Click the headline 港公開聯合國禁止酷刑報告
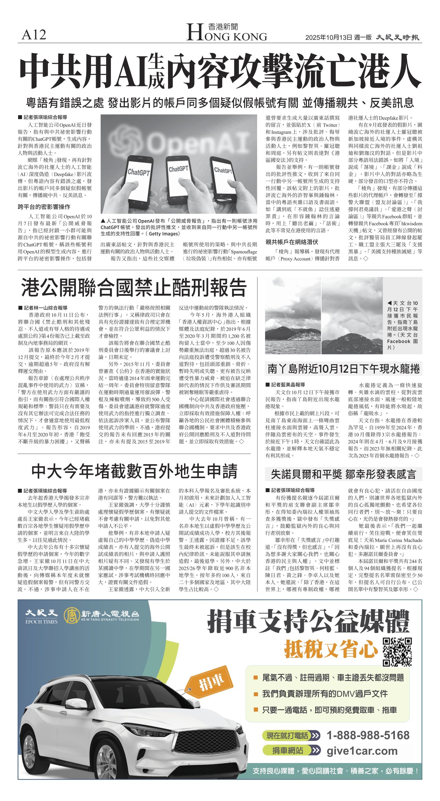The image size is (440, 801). [134, 288]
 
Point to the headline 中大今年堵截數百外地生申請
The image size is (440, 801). [134, 471]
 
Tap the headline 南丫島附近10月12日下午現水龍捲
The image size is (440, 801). [343, 369]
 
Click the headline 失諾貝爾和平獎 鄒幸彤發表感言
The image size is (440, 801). [343, 474]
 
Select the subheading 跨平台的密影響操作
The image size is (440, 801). [44, 207]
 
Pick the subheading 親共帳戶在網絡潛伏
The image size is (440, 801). [292, 242]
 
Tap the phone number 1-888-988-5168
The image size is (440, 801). [368, 735]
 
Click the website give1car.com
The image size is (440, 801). [362, 751]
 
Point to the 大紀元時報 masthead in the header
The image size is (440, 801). [397, 38]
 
